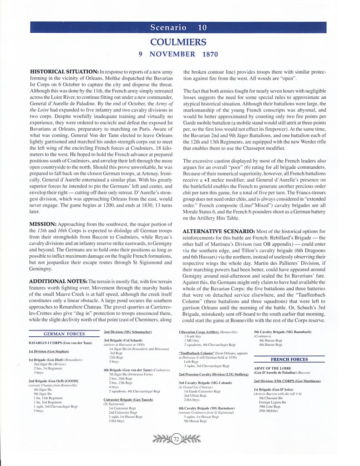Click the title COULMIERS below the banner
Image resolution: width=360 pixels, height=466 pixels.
pyautogui.click(x=178, y=42)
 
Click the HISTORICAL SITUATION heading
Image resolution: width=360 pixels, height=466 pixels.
pyautogui.click(x=64, y=72)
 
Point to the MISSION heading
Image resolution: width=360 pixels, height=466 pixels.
pyautogui.click(x=45, y=224)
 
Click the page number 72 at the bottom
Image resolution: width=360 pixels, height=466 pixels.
pyautogui.click(x=177, y=438)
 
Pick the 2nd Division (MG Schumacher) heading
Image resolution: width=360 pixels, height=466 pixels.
pyautogui.click(x=128, y=332)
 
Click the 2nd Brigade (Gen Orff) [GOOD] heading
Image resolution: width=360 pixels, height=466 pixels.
pyautogui.click(x=53, y=380)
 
